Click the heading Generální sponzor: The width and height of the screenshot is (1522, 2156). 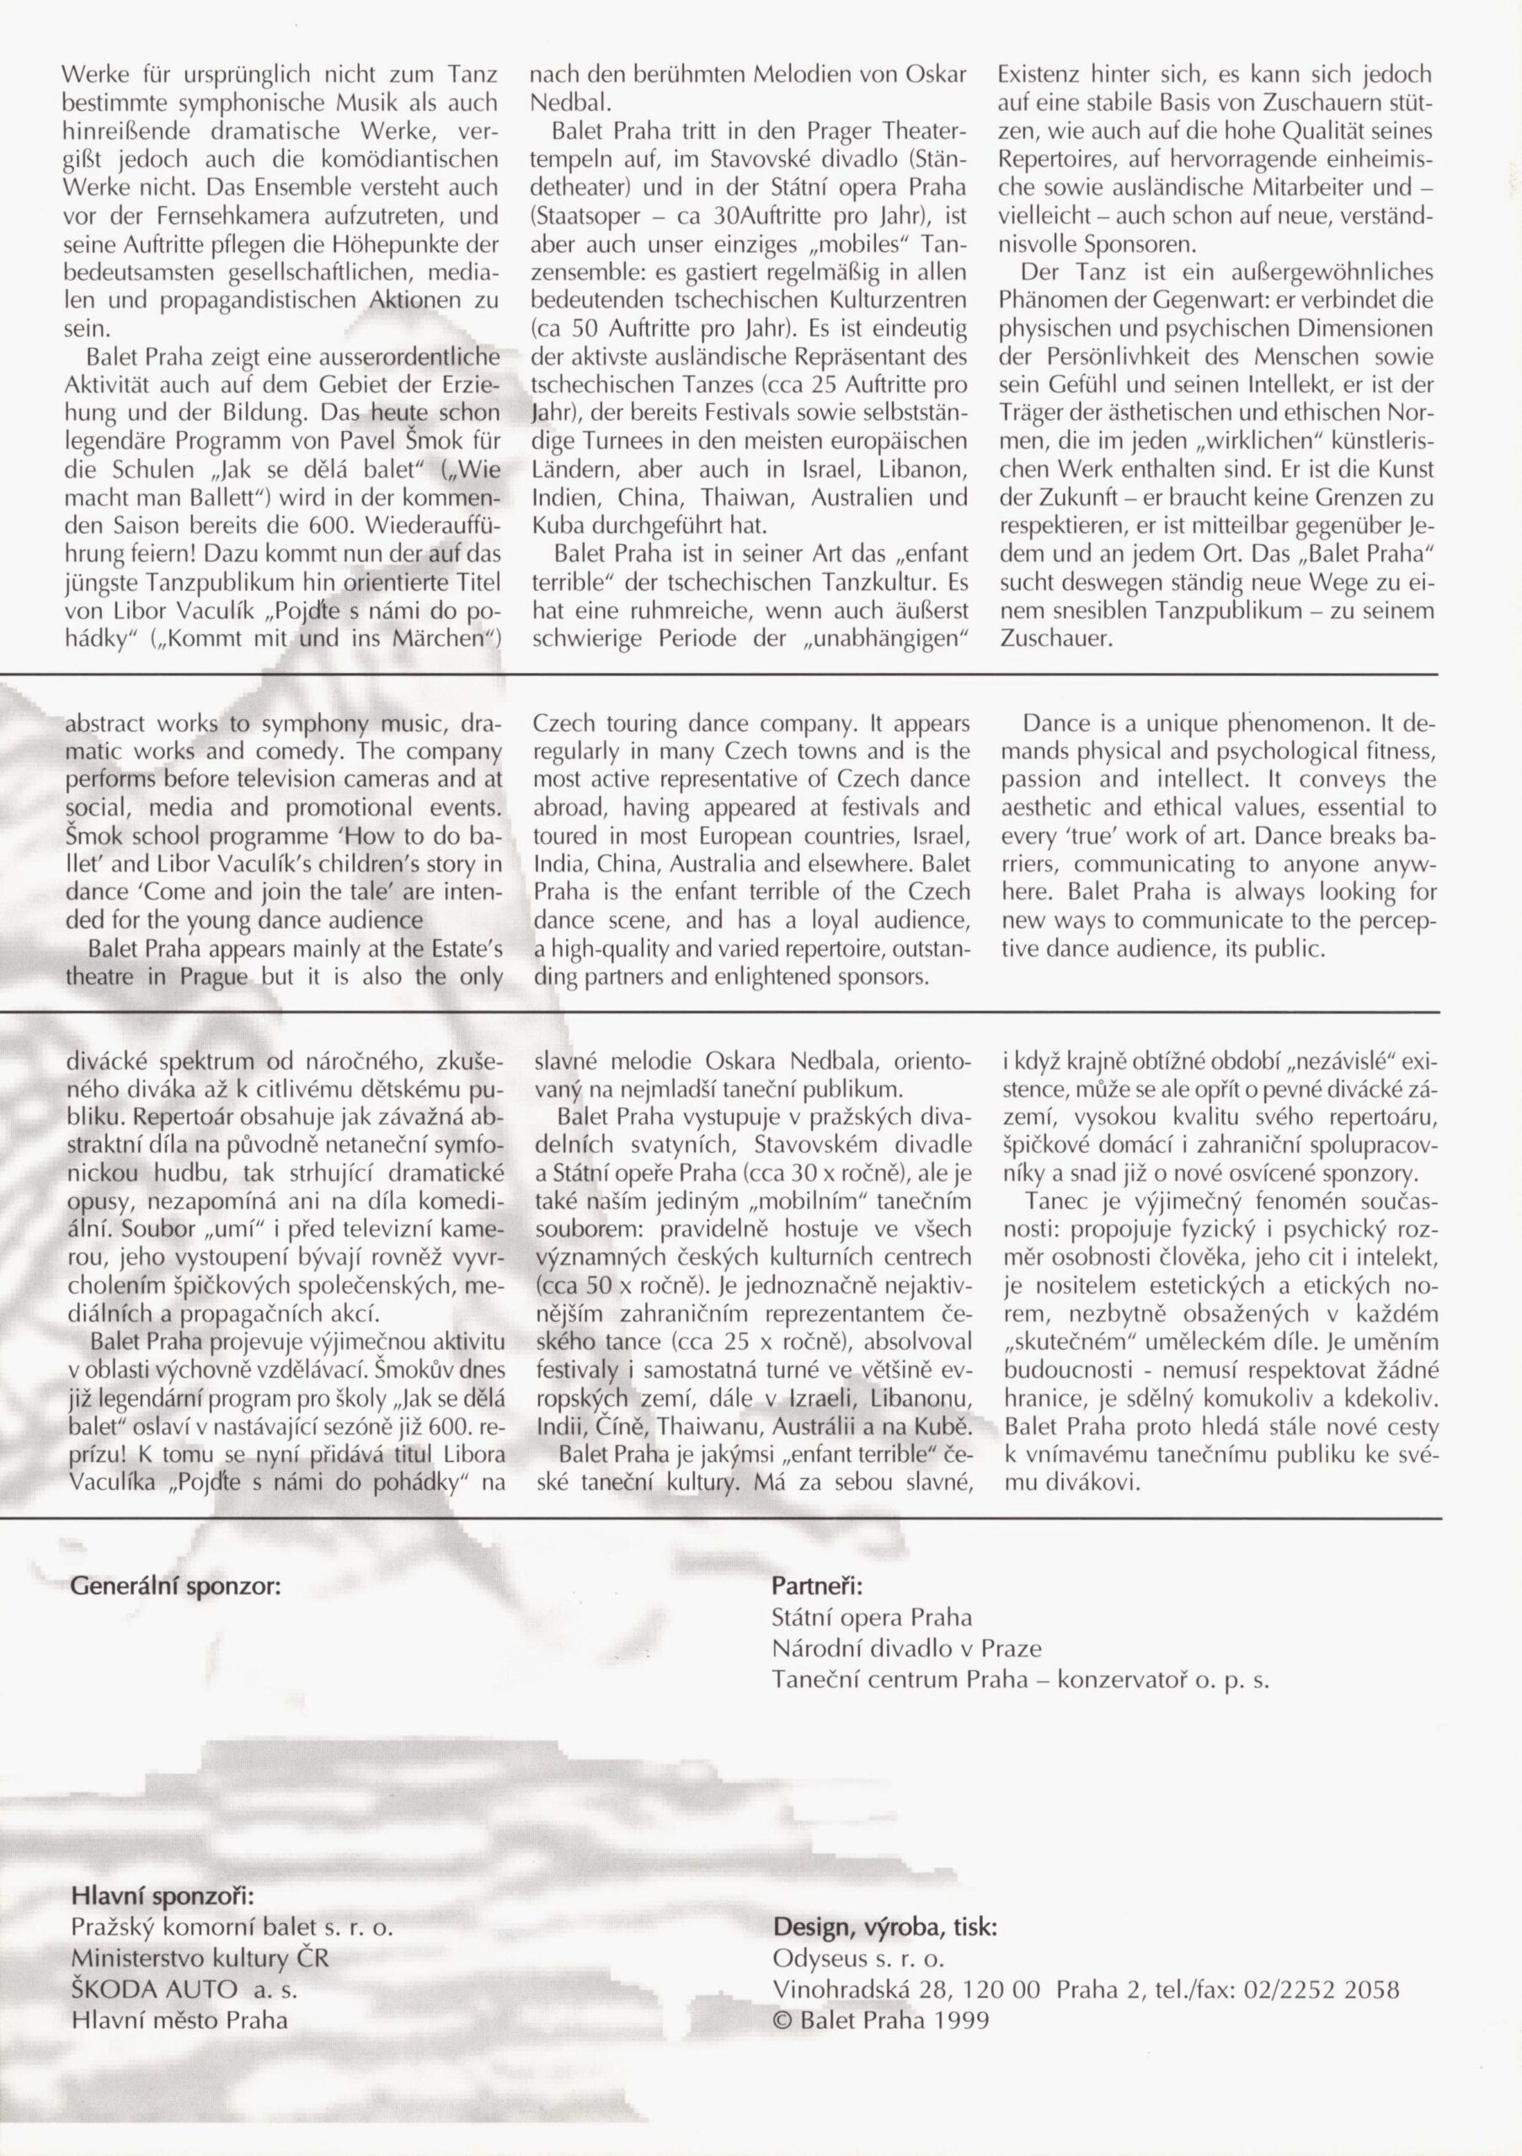[175, 1586]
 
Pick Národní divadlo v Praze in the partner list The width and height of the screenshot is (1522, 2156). [906, 1648]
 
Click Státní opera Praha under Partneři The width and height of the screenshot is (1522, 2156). [871, 1617]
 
